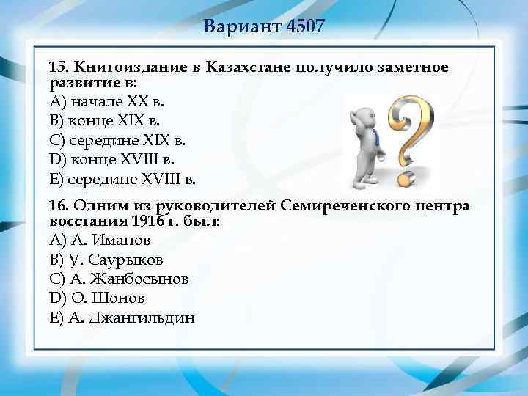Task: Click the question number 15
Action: click(x=57, y=67)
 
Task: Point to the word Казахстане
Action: click(x=249, y=67)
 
